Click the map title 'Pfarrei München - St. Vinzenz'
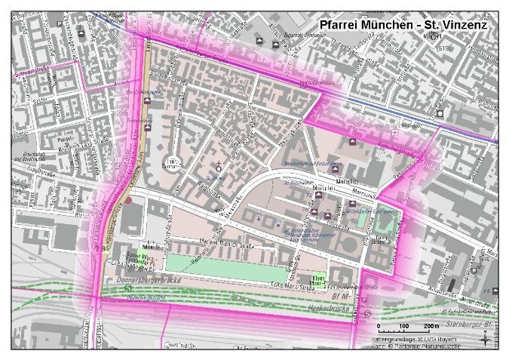point(403,24)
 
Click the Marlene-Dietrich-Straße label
point(208,241)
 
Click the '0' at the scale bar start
point(379,326)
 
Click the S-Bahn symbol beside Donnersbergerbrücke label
point(129,288)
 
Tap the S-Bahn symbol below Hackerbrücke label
point(388,313)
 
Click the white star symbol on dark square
point(440,113)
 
